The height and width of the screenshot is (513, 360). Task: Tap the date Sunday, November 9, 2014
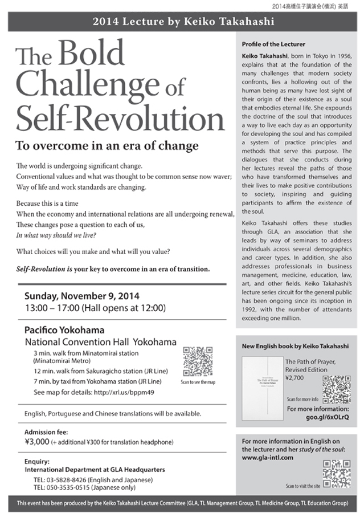point(82,296)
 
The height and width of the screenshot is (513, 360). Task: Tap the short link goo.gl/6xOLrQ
point(328,418)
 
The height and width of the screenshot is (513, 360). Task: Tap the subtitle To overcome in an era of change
point(107,145)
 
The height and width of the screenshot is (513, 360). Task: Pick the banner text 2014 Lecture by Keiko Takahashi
point(179,22)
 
